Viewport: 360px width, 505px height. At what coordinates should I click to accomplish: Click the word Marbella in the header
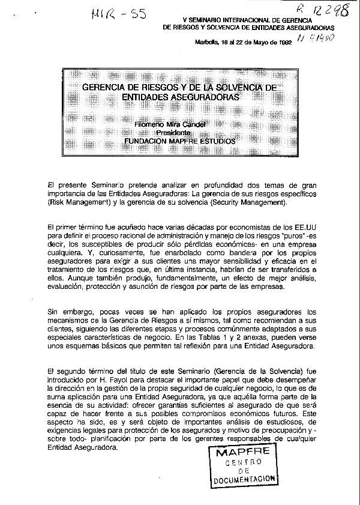[208, 43]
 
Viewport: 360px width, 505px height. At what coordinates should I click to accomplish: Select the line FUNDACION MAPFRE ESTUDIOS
[179, 141]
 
